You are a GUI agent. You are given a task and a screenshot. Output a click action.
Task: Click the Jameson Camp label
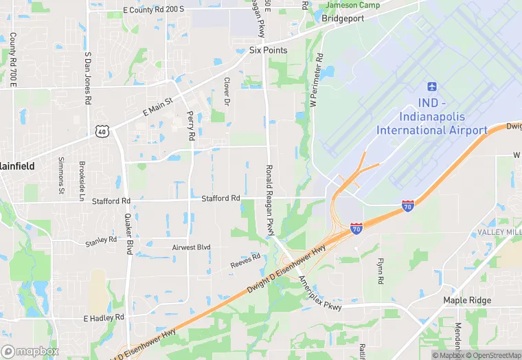pyautogui.click(x=352, y=5)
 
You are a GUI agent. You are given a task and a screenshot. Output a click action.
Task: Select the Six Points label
pyautogui.click(x=268, y=50)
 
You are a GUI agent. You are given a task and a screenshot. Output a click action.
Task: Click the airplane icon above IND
pyautogui.click(x=431, y=87)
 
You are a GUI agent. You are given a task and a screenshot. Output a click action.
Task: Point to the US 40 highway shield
pyautogui.click(x=101, y=131)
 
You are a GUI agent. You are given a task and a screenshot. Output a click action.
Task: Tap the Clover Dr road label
pyautogui.click(x=227, y=90)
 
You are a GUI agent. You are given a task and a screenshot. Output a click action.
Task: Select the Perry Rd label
pyautogui.click(x=191, y=126)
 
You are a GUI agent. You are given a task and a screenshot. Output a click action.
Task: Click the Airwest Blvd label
pyautogui.click(x=191, y=247)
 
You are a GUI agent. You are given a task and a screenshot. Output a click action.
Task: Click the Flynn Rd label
pyautogui.click(x=380, y=271)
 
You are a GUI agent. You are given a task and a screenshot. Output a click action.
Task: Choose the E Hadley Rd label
pyautogui.click(x=104, y=318)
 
